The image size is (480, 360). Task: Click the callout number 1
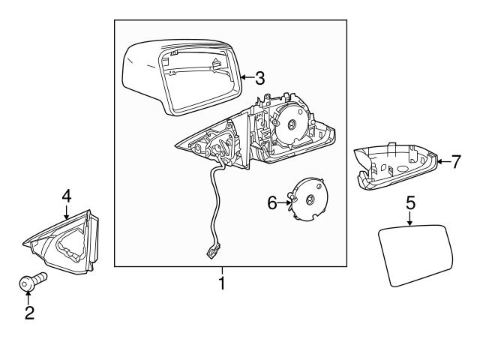point(221,284)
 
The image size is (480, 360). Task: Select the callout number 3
point(259,76)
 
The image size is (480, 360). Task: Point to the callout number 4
point(66,196)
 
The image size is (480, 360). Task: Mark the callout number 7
point(454,160)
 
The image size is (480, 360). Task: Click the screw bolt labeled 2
point(31,283)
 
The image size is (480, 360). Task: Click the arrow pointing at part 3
point(246,76)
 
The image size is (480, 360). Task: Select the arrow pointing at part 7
point(442,160)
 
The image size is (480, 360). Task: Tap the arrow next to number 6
point(286,201)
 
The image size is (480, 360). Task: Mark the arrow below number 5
point(410,219)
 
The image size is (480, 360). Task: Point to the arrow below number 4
point(66,212)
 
